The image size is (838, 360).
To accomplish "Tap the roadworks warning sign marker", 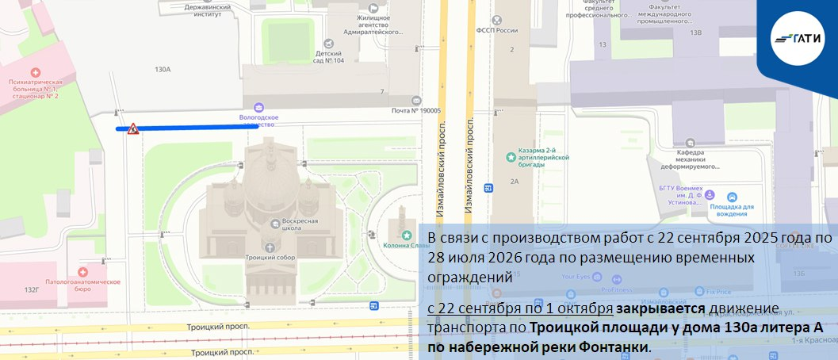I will point(133,128).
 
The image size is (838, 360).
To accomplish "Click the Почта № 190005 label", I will point(415,112).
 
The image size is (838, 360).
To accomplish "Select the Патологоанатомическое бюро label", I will point(94,281).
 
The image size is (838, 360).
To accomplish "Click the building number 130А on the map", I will point(163,70).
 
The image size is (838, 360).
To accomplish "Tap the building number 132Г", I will point(31,290).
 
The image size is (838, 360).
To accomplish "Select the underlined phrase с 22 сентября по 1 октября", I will point(520,308).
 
